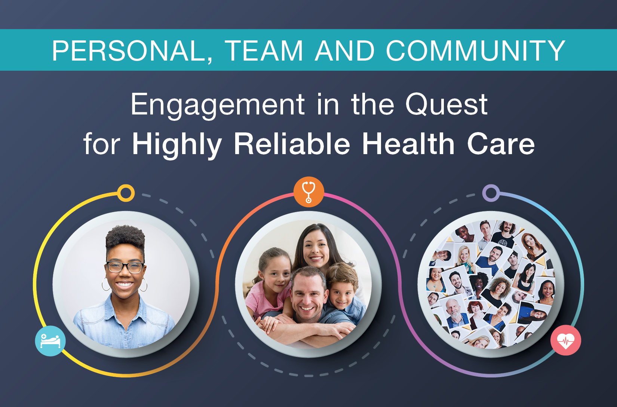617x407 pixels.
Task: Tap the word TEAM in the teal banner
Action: coord(264,51)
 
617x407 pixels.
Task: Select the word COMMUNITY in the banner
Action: coord(476,51)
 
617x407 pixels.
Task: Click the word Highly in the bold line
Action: coord(176,145)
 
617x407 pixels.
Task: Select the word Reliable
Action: coord(292,144)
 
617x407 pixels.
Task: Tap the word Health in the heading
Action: coord(408,144)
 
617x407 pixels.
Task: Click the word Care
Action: coord(501,144)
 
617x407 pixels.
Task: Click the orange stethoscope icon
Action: coord(308,192)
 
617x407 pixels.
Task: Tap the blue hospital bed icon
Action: coord(50,341)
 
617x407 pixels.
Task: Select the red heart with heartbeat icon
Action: coord(566,340)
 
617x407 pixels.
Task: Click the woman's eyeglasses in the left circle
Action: coord(126,267)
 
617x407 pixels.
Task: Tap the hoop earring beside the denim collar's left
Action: coord(106,284)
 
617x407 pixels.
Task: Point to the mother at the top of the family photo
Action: coord(317,248)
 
